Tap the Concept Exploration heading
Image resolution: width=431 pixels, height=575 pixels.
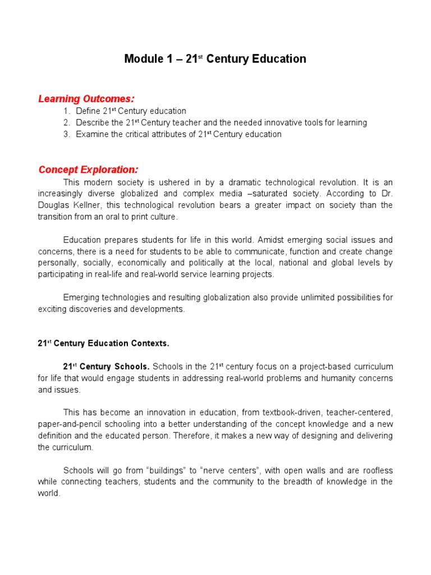coord(88,170)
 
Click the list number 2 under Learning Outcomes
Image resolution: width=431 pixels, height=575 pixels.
coord(66,122)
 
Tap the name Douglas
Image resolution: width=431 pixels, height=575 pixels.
coord(54,205)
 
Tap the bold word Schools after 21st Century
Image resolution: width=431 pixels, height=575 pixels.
coord(133,366)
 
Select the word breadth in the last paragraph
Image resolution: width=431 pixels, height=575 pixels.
coord(291,482)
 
